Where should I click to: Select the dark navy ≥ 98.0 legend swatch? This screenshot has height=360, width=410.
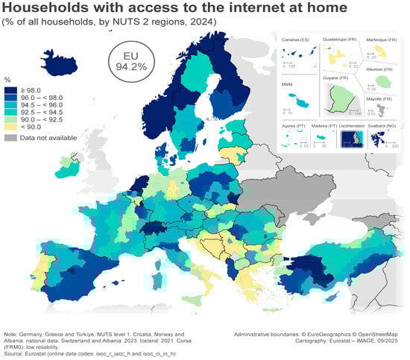click(11, 90)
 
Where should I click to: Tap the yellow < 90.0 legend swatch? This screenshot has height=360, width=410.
click(11, 127)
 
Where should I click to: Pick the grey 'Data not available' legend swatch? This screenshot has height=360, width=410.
click(11, 138)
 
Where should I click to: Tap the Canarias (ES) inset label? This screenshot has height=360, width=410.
click(295, 39)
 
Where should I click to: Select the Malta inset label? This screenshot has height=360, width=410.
click(288, 86)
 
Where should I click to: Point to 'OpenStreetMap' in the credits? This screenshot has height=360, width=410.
click(377, 335)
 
